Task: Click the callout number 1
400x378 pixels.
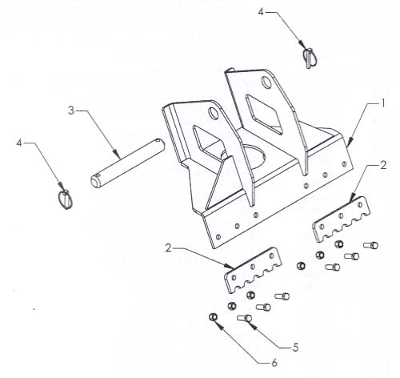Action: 383,103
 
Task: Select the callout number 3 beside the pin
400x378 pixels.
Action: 71,111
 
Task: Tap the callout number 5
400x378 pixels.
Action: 295,348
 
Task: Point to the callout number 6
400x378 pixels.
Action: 274,363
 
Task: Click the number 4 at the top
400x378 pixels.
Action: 261,12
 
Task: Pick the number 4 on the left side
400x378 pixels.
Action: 19,143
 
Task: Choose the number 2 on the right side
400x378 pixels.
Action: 383,166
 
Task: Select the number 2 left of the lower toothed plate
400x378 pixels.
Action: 168,248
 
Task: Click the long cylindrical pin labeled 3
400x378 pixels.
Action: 127,163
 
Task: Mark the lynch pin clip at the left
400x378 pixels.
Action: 66,199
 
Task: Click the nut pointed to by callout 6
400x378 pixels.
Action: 213,317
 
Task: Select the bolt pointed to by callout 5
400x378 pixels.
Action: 244,318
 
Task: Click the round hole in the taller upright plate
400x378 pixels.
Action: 266,82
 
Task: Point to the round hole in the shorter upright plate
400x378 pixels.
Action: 214,113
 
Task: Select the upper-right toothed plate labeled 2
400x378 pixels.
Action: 342,219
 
